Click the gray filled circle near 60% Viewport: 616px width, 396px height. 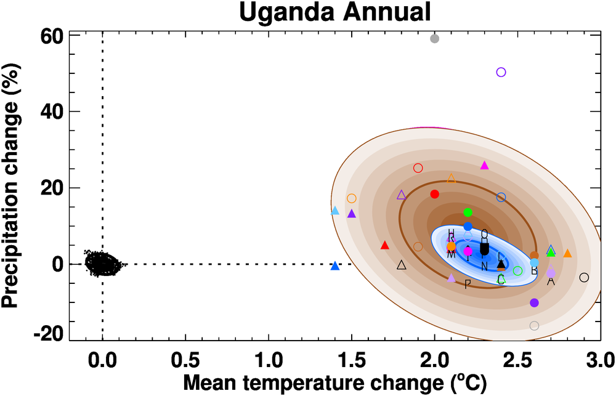(x=434, y=39)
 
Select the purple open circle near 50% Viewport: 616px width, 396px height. (x=501, y=72)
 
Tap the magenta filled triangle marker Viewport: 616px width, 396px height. (x=484, y=165)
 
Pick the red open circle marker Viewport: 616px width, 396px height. (x=418, y=168)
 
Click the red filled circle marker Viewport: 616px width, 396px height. (x=434, y=194)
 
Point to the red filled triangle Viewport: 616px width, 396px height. (x=385, y=245)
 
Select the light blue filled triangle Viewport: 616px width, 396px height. (x=335, y=211)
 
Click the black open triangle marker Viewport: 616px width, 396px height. (x=402, y=265)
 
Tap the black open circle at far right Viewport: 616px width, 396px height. (x=584, y=277)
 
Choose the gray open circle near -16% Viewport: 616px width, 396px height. (x=534, y=326)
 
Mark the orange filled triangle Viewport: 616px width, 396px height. (x=567, y=254)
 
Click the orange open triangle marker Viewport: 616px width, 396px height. (x=451, y=179)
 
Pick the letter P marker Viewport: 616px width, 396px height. (x=468, y=284)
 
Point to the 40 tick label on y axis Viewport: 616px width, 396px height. (x=51, y=111)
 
